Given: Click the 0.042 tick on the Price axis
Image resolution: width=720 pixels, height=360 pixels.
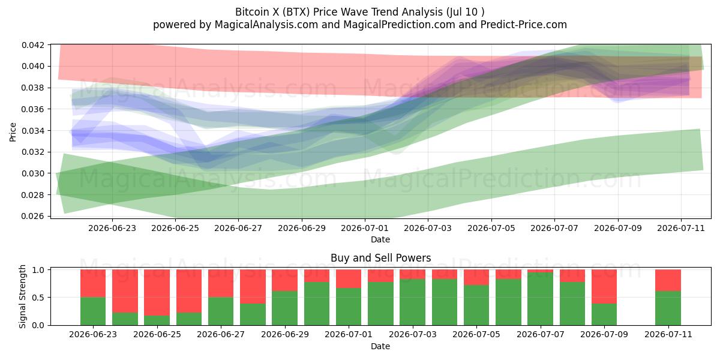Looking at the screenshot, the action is click(x=32, y=45).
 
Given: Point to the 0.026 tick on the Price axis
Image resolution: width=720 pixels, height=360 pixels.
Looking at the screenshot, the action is click(x=32, y=216).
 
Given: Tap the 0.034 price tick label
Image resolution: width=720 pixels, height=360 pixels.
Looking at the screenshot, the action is click(x=32, y=131).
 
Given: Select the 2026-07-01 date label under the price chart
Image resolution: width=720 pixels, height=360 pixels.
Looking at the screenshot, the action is click(x=365, y=228).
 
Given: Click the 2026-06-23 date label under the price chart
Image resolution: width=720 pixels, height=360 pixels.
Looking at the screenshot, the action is click(x=112, y=228).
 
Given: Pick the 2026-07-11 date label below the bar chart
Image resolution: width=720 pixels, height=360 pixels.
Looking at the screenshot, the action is click(x=668, y=334).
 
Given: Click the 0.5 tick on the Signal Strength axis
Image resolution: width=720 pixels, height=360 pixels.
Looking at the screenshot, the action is click(x=38, y=298).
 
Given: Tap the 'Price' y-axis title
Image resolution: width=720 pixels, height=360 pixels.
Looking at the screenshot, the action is click(x=13, y=132).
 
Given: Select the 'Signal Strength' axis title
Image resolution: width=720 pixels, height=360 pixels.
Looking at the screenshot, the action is click(x=22, y=296).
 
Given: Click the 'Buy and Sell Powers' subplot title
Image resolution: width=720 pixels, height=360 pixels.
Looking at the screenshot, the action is click(x=380, y=258).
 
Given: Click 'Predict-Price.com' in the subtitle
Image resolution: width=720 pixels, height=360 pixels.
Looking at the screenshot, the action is click(x=523, y=25).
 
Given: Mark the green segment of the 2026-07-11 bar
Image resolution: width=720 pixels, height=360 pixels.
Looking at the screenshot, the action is click(x=668, y=308).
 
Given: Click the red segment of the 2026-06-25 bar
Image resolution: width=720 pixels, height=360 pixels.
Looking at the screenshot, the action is click(x=157, y=293).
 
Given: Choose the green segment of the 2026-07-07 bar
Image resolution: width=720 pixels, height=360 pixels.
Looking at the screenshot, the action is click(x=541, y=299).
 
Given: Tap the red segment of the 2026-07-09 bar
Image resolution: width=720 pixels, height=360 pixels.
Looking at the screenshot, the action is click(x=604, y=286).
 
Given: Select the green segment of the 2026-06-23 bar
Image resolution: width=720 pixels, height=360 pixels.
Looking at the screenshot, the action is click(x=93, y=311).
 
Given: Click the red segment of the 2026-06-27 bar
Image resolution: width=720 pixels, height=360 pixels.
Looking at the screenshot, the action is click(x=221, y=283).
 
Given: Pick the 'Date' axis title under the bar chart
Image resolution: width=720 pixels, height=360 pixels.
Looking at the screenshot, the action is click(x=380, y=346).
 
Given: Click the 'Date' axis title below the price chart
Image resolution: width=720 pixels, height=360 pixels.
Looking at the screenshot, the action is click(x=380, y=239).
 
